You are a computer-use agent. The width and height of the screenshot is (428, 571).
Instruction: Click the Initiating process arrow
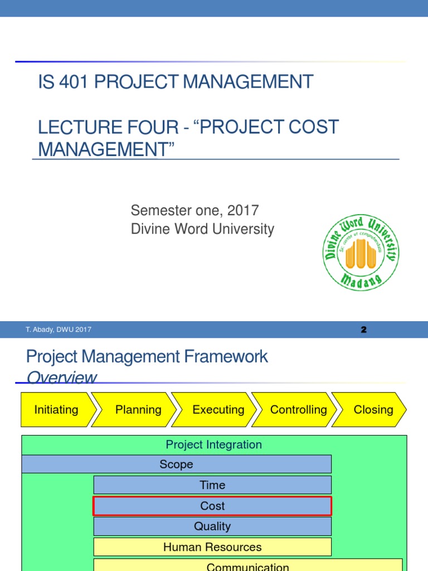tap(56, 410)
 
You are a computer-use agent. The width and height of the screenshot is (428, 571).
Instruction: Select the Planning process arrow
tap(138, 410)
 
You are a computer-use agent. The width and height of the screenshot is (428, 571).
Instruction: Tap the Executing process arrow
tap(218, 410)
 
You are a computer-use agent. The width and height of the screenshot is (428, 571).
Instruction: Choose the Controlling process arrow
tap(298, 410)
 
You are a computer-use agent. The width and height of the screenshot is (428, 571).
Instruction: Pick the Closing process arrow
tap(373, 410)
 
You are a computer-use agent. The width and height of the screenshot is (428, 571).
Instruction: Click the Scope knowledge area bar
tap(176, 464)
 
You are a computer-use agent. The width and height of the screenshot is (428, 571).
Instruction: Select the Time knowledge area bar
tap(212, 485)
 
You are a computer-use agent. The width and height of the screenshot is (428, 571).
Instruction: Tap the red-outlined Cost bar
tap(212, 506)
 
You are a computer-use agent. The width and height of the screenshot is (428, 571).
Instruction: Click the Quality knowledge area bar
tap(212, 526)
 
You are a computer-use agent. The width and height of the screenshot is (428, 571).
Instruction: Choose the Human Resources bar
tap(212, 547)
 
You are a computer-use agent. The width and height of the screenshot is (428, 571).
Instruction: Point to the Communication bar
tap(247, 566)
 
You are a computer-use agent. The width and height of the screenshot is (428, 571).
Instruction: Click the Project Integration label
tap(213, 444)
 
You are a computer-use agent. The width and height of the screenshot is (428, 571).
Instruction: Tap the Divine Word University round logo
tap(361, 253)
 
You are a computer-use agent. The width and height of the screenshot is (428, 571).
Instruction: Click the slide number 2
tap(363, 330)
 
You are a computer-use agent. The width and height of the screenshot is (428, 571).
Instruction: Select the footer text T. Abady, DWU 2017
tap(59, 330)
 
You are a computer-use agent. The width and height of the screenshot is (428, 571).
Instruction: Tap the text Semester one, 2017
tap(194, 210)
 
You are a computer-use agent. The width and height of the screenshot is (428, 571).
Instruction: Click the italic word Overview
tap(61, 378)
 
